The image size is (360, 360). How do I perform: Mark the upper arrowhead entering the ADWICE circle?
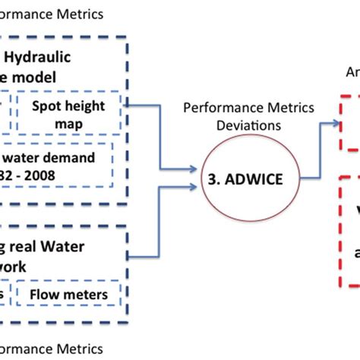click(199, 169)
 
